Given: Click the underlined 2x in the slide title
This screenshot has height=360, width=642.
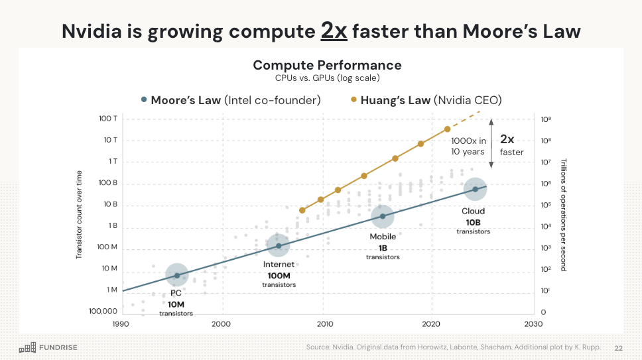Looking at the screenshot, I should point(334,30).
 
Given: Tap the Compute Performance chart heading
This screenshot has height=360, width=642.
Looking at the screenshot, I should point(327,65).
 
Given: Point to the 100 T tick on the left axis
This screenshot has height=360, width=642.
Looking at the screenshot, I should point(108,118).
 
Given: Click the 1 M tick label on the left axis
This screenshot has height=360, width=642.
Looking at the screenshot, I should point(111,290).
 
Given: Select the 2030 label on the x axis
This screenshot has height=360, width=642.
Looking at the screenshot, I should point(533,324).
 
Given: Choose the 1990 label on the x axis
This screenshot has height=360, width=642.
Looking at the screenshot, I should point(121,324).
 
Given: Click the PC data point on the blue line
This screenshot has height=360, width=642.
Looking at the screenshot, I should point(177,274).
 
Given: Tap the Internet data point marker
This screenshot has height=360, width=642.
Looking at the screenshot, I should point(279,246).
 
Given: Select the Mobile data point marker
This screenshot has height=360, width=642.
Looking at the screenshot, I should point(382,216).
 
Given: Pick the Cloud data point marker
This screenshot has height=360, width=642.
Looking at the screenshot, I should point(475,189).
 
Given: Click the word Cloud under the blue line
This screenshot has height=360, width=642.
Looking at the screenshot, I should point(474,211).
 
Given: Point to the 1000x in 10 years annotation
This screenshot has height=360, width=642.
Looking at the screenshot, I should point(468,146).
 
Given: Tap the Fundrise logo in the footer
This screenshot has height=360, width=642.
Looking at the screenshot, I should point(48,347).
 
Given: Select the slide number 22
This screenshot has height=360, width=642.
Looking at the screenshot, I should point(619,347).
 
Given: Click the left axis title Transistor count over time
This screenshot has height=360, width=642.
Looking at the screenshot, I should point(79,212).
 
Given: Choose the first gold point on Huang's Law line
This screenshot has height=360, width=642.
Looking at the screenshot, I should point(302,210).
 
